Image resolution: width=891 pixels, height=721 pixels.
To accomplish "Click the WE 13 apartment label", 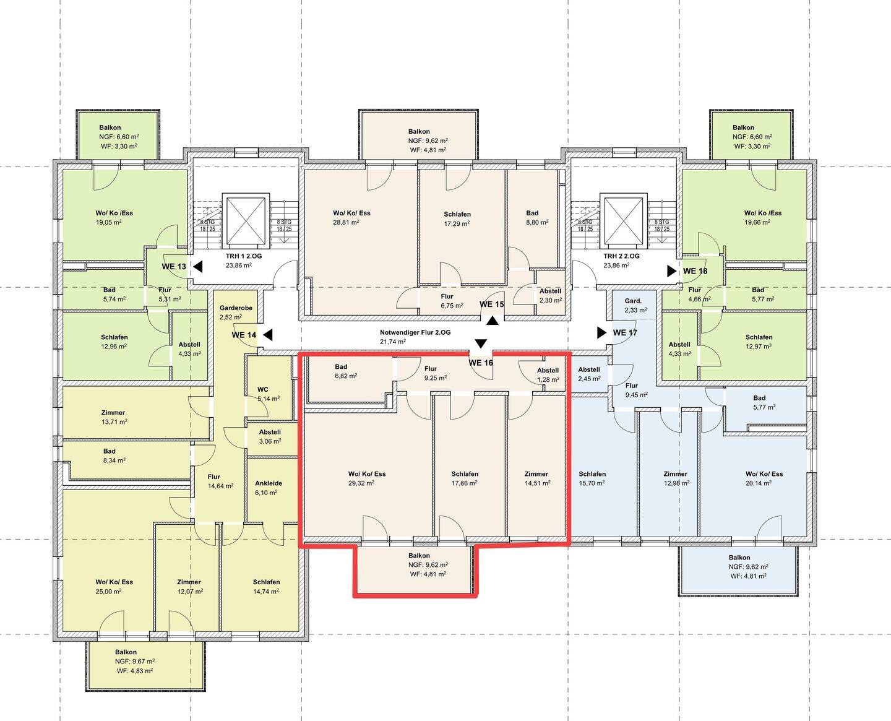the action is click(174, 267).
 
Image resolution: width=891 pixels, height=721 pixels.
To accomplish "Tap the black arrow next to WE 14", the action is click(267, 335).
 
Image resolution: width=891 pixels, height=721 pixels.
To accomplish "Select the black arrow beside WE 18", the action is click(672, 271).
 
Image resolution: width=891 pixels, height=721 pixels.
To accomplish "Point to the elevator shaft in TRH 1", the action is click(246, 220).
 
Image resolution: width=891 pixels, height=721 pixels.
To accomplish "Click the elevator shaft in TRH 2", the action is click(624, 220).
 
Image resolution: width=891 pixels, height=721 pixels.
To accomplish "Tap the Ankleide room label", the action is click(269, 483).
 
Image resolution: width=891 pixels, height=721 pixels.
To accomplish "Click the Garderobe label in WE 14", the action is click(236, 308).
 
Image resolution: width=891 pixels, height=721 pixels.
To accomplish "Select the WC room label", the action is click(263, 389).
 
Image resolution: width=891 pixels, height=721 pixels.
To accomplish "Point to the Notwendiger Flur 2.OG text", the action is click(415, 332).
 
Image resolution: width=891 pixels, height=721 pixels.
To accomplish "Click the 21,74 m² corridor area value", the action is click(393, 342).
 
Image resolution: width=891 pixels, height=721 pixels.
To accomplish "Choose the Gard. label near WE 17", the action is click(633, 301).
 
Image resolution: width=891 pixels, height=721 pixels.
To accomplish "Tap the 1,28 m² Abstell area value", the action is click(548, 379).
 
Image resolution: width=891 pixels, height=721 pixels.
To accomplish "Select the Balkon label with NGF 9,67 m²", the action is click(126, 652).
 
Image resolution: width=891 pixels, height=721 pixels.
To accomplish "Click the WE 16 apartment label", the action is click(481, 363).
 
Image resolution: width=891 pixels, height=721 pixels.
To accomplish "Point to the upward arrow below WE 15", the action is click(493, 321).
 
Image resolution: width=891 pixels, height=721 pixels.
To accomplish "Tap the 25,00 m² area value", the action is click(109, 591).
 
